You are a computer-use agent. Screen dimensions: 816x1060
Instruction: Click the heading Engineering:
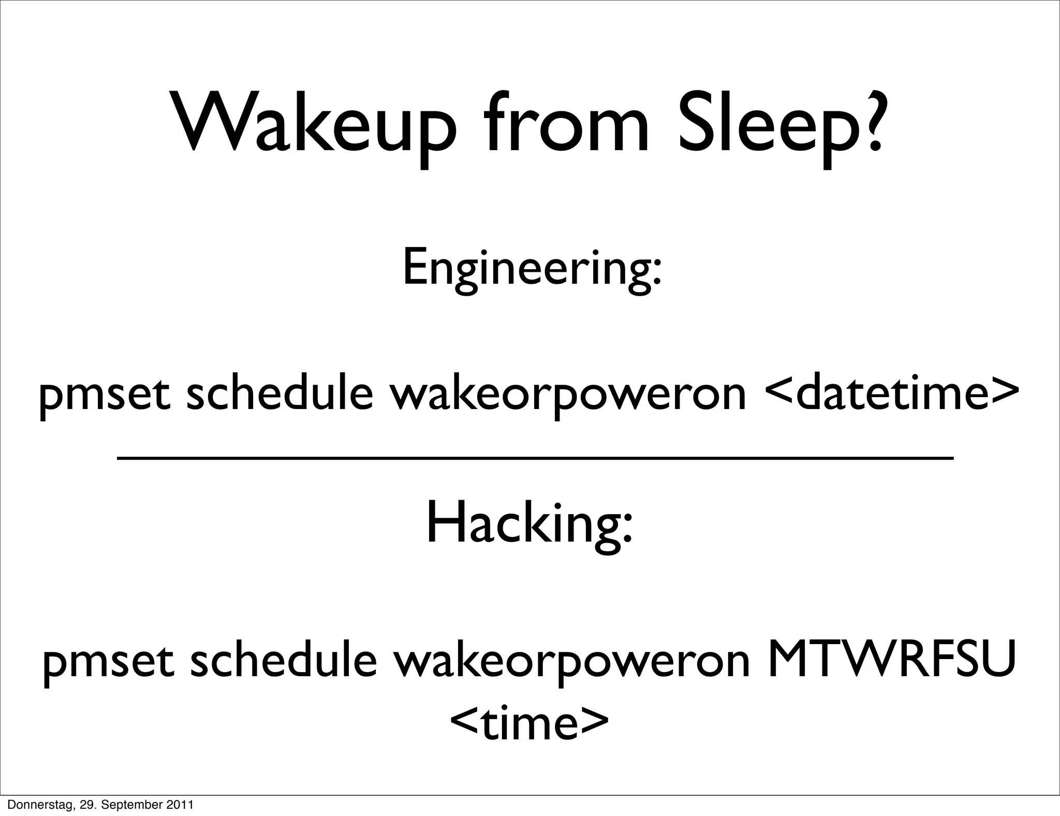tap(532, 269)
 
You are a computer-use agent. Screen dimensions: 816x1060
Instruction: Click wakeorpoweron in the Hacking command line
tap(571, 662)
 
